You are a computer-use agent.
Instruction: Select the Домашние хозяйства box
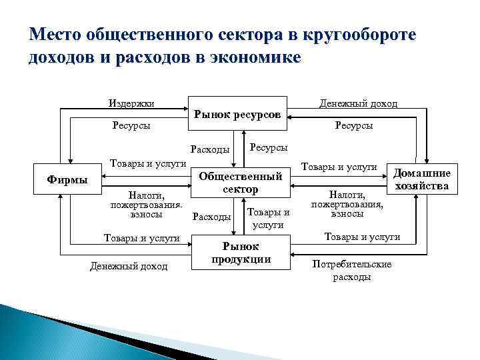423,179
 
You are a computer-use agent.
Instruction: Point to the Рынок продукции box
241,253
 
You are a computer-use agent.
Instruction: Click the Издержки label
131,103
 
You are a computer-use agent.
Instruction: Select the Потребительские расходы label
351,270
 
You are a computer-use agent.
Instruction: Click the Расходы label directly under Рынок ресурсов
210,149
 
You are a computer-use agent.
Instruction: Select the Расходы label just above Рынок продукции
211,217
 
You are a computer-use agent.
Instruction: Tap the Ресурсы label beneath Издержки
131,125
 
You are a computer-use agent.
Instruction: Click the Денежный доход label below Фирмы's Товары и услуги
129,267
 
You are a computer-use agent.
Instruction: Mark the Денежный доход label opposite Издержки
367,103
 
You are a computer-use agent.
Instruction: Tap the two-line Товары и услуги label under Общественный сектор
268,219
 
